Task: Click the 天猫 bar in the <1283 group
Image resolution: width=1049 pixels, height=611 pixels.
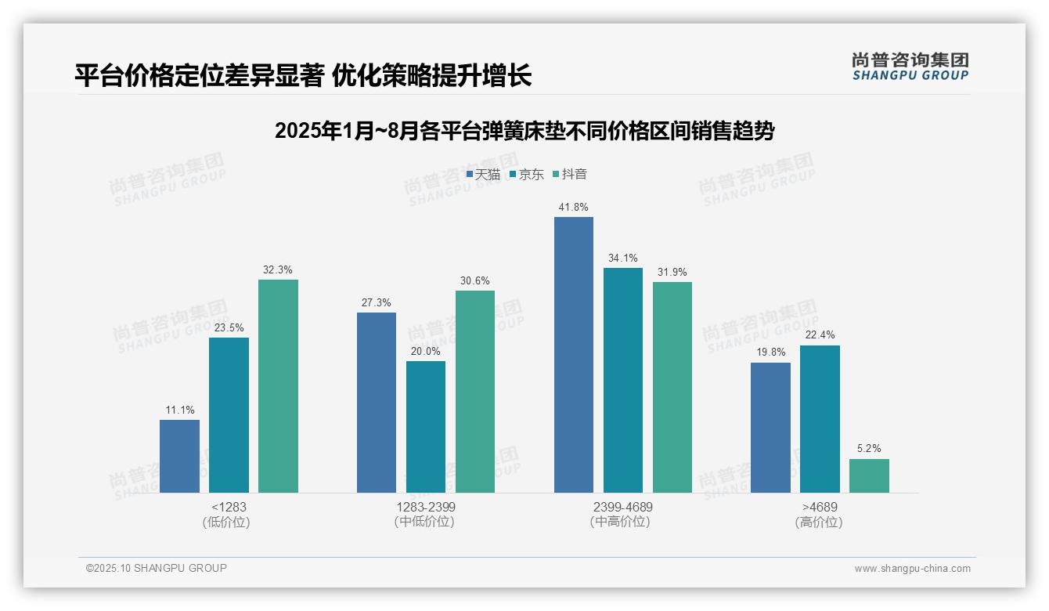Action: click(x=179, y=457)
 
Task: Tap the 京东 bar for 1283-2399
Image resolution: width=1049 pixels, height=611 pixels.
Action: click(x=426, y=427)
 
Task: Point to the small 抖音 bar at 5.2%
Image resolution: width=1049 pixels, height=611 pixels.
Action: click(x=869, y=476)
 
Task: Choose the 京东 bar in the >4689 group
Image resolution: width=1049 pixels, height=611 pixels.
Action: click(x=820, y=419)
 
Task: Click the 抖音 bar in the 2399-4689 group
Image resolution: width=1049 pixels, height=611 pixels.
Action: click(x=672, y=388)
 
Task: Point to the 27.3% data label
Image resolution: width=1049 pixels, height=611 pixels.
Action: click(x=377, y=303)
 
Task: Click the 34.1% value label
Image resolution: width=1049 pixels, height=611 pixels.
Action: click(x=623, y=258)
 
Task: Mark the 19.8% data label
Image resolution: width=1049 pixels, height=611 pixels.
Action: click(x=770, y=353)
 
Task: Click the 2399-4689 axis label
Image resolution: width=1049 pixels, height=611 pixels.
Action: click(x=623, y=508)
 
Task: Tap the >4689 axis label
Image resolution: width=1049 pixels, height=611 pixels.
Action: click(x=820, y=508)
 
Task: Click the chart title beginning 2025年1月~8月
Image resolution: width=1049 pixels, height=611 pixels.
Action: click(x=524, y=131)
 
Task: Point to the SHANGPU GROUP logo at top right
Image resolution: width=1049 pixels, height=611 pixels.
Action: click(x=910, y=67)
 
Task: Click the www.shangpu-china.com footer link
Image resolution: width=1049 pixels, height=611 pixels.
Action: click(x=912, y=569)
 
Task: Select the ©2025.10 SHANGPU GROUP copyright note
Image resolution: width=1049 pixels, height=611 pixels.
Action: click(x=157, y=569)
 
